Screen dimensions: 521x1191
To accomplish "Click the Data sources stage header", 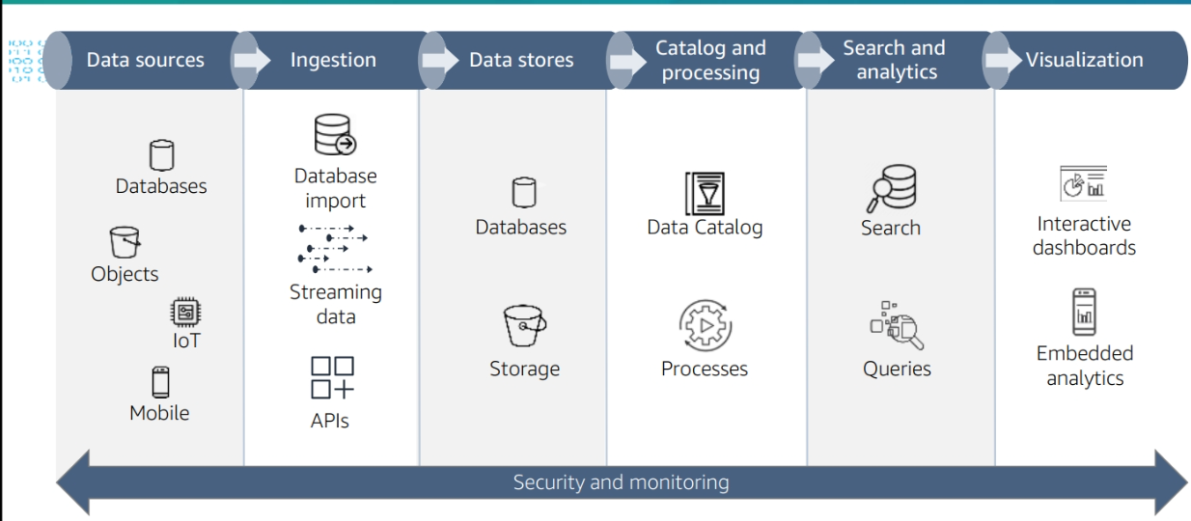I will (146, 60).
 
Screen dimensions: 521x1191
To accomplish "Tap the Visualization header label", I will (1084, 60).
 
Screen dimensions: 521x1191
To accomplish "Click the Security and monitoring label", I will (621, 481).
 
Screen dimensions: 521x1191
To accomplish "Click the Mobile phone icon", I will (160, 382).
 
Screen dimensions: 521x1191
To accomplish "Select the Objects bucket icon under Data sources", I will (125, 242).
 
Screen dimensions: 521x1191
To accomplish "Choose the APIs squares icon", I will (332, 377).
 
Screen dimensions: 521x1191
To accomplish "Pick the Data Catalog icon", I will (705, 193).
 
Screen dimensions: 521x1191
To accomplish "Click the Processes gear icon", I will (705, 326).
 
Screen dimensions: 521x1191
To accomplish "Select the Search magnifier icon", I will (891, 189).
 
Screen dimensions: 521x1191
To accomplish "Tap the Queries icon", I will (897, 326).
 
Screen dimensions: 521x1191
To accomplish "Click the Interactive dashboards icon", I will (1083, 183).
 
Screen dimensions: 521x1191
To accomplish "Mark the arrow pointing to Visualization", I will (1000, 60).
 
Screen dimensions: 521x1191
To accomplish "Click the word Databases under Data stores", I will (521, 228).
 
